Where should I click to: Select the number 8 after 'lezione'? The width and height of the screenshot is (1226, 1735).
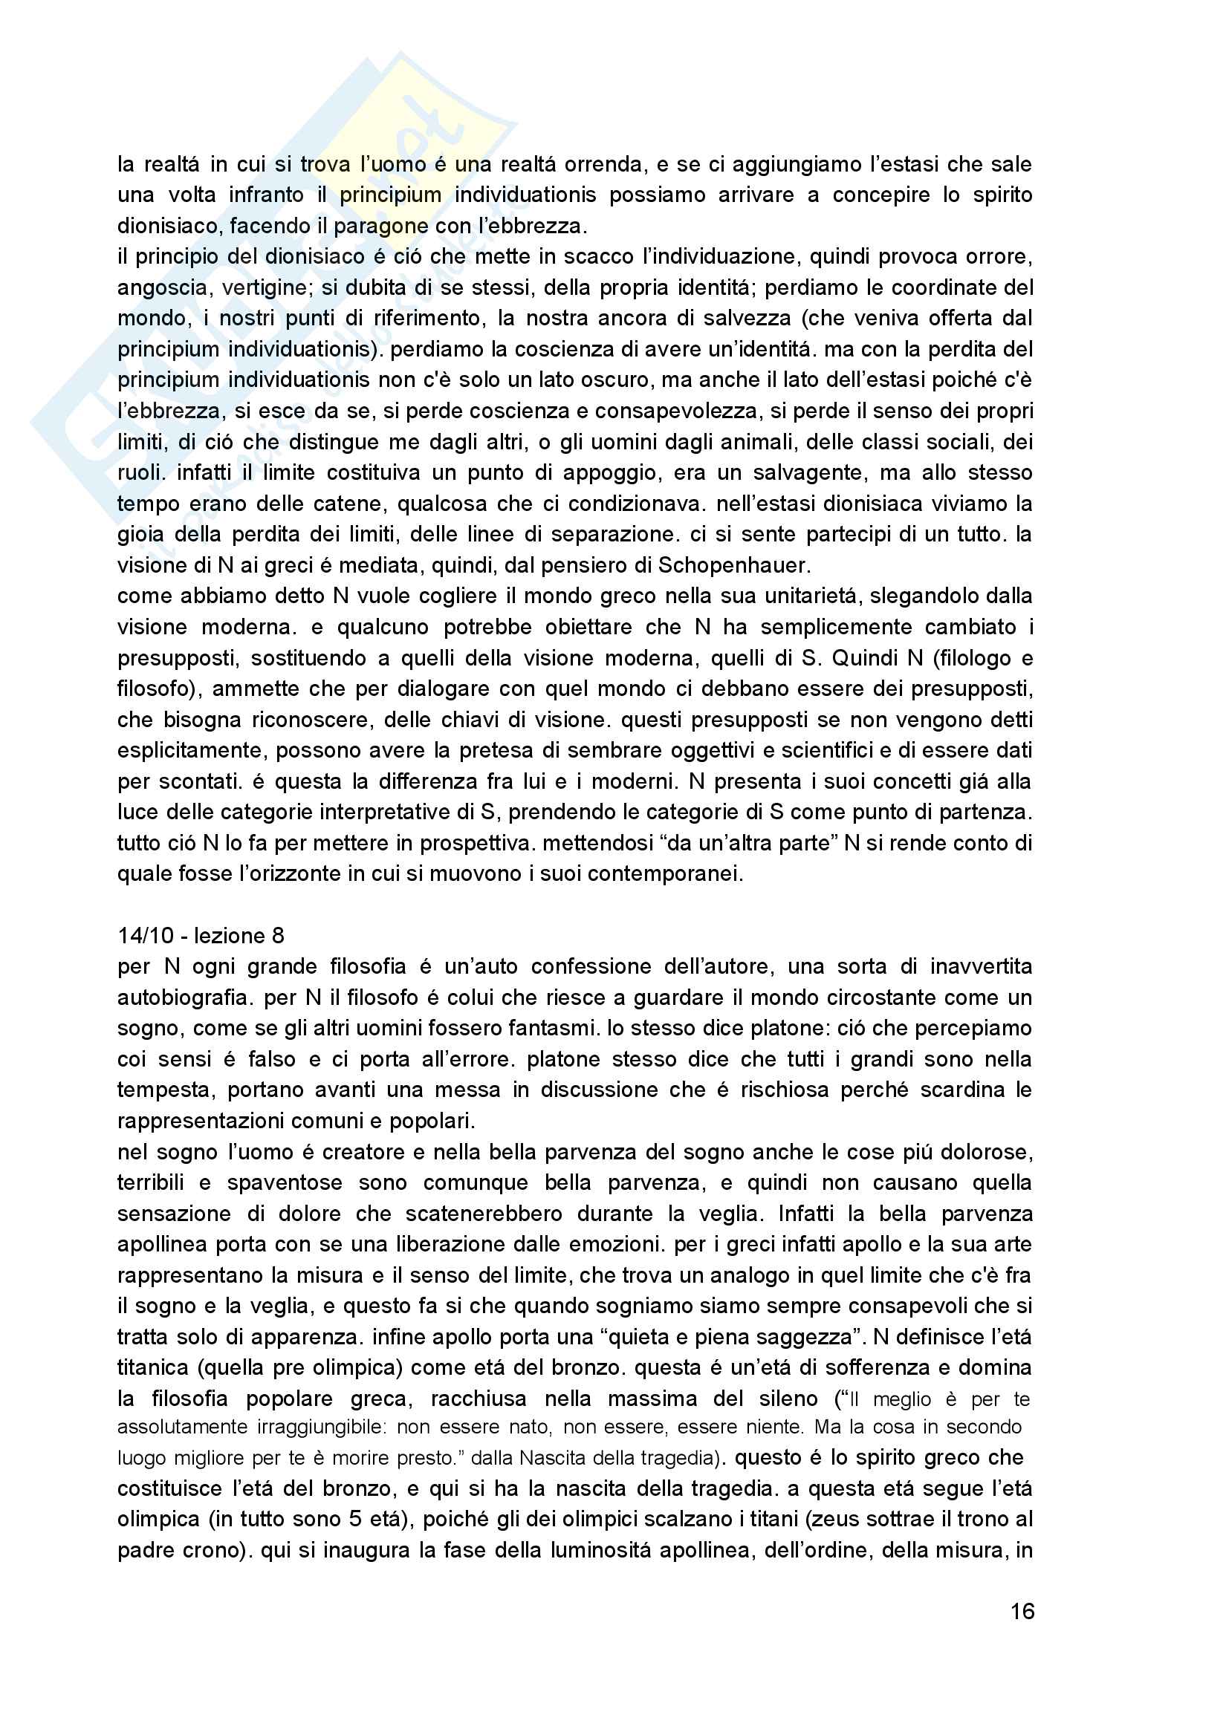(278, 936)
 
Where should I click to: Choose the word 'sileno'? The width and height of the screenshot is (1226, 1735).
(787, 1399)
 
